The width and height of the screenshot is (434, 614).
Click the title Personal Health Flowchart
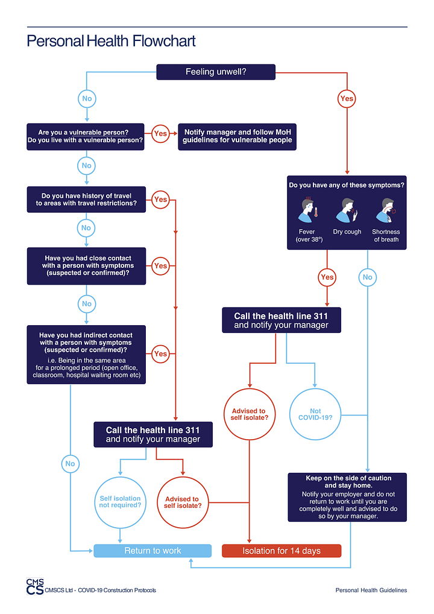click(111, 42)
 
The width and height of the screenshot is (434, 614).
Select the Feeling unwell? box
click(216, 72)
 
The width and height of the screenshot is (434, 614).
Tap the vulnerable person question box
click(86, 136)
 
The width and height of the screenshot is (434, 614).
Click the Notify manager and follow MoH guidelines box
click(237, 136)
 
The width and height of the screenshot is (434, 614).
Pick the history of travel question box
click(86, 199)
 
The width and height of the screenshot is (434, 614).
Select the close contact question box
click(86, 265)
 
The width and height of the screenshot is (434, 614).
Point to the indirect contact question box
click(86, 355)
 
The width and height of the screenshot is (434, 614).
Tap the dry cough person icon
click(347, 210)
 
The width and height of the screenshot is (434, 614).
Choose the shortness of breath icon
click(386, 210)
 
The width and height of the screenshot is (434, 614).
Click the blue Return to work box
click(153, 551)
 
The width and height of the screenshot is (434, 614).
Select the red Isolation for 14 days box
click(281, 551)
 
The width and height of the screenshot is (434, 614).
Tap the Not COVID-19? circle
click(315, 415)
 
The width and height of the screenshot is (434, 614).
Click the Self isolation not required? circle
click(120, 502)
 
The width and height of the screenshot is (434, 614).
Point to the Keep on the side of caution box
click(348, 497)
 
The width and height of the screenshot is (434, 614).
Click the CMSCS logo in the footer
click(35, 587)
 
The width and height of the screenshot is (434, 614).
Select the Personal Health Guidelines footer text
click(371, 590)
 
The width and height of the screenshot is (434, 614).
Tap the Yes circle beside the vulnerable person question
click(160, 133)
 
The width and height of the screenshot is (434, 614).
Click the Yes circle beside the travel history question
click(160, 199)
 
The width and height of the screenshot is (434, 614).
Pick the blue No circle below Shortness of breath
click(367, 277)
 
